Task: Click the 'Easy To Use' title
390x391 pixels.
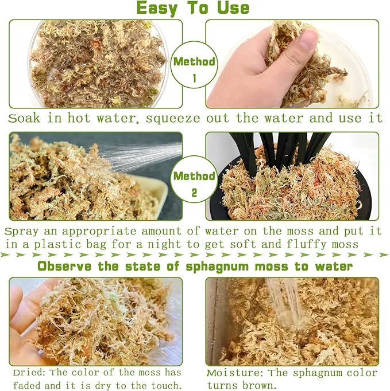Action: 193,8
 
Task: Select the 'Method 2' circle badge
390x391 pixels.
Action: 194,182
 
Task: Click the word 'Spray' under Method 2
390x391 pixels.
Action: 21,232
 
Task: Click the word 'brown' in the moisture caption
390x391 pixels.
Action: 255,386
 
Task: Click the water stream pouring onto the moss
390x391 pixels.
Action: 281,304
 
